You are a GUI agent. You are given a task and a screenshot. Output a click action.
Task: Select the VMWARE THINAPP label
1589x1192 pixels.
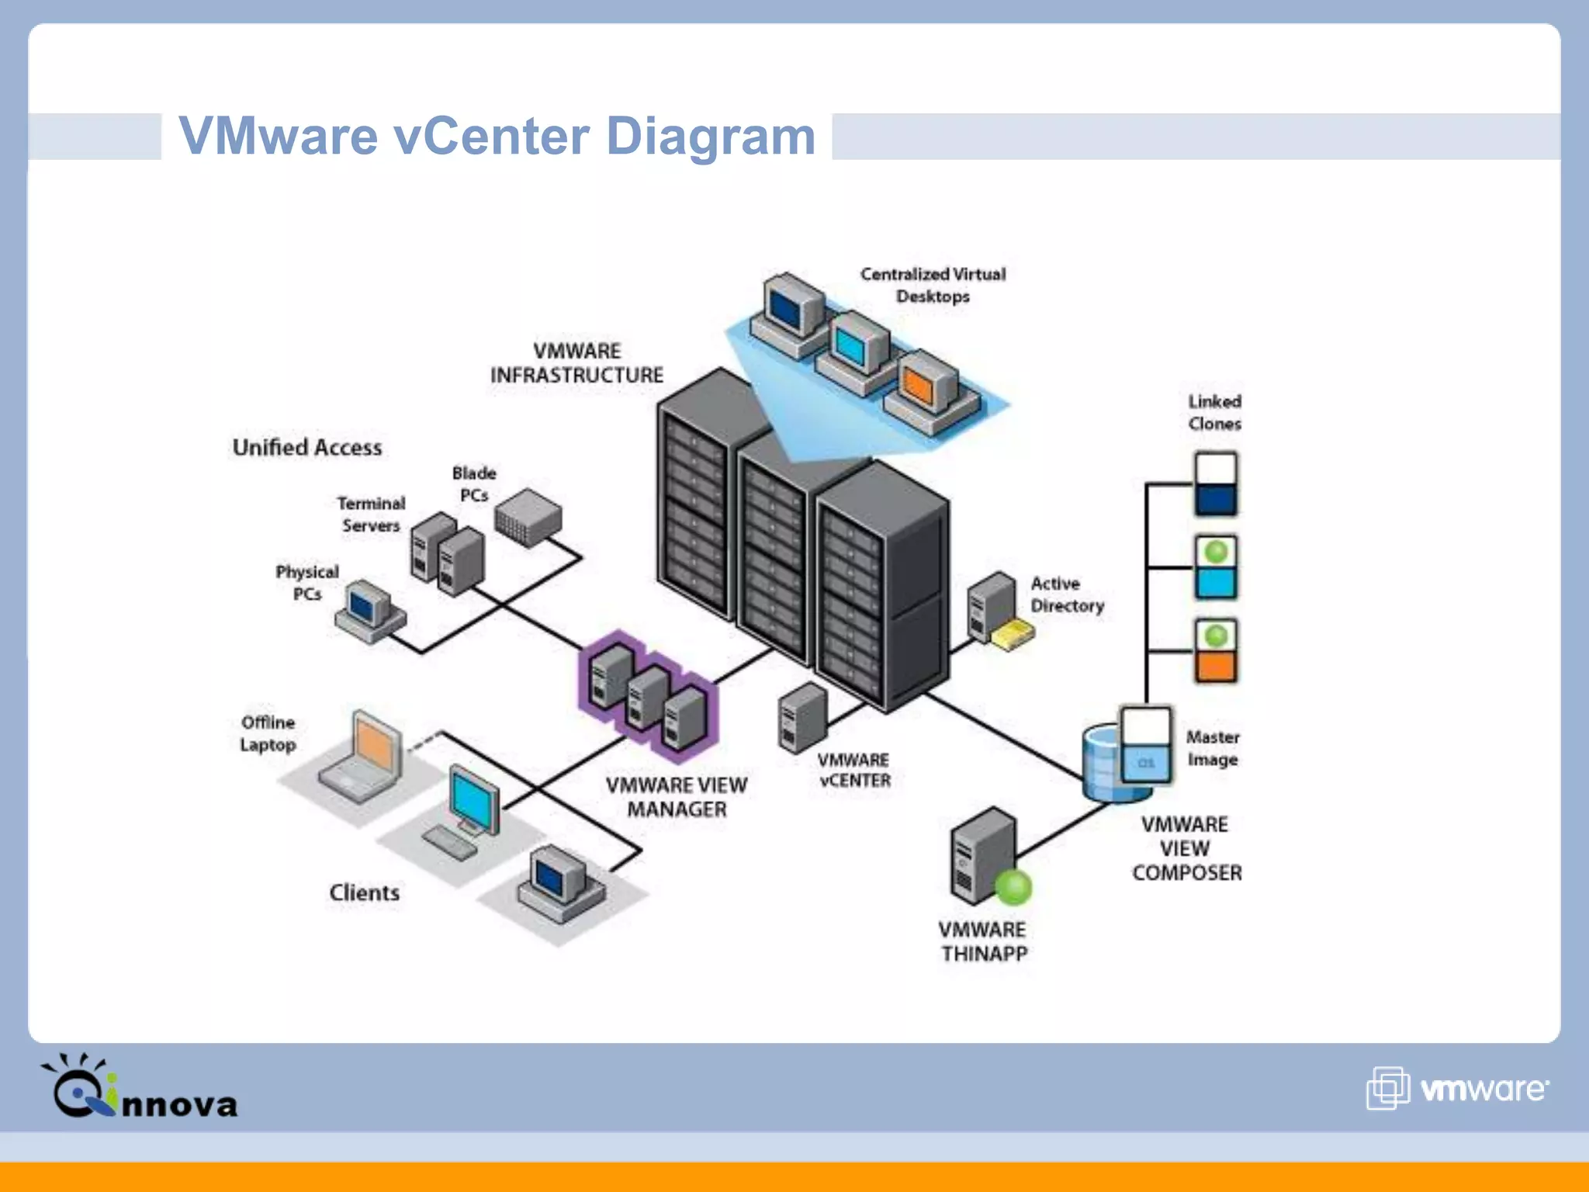983,941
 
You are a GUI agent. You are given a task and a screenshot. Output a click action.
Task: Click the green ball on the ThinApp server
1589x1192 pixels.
1013,887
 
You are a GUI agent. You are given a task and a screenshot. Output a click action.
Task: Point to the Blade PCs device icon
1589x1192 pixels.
528,517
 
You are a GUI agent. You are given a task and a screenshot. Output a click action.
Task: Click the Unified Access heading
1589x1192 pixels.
307,448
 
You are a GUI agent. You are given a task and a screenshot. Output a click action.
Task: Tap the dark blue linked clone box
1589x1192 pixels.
1216,500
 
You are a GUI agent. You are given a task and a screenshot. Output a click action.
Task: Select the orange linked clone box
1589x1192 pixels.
1216,666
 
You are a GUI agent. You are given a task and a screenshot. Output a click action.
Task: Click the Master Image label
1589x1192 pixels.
1213,748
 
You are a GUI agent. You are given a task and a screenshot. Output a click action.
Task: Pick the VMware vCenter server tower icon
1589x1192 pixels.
802,717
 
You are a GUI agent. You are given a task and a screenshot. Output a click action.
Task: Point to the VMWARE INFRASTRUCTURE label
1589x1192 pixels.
576,363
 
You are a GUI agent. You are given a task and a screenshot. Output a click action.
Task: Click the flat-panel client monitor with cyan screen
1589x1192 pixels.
474,799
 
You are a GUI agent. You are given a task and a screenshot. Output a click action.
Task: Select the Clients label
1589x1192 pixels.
365,892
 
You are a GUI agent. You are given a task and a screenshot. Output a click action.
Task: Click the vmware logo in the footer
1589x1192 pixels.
1458,1089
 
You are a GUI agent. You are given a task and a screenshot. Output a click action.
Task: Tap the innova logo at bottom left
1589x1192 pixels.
140,1088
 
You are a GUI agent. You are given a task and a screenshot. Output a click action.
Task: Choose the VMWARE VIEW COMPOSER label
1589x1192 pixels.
1186,848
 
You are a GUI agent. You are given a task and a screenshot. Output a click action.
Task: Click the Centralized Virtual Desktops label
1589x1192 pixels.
933,285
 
